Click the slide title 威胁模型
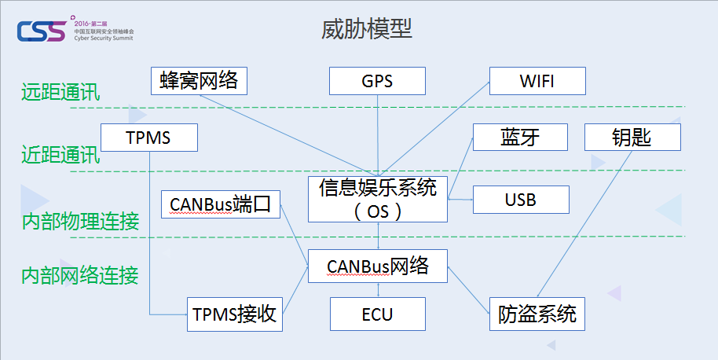click(x=367, y=29)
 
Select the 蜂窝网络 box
click(x=199, y=80)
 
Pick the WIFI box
click(x=537, y=81)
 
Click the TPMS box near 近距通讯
click(x=148, y=138)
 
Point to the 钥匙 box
click(x=632, y=138)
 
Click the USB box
click(x=520, y=200)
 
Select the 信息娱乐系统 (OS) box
click(x=377, y=199)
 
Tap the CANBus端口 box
click(x=220, y=204)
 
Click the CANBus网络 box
click(x=377, y=266)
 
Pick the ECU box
click(x=377, y=314)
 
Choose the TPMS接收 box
click(x=233, y=314)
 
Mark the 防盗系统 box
click(x=537, y=314)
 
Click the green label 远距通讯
click(x=60, y=92)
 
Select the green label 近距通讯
click(x=60, y=156)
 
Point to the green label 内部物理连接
click(x=80, y=221)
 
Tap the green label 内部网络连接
click(x=80, y=276)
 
